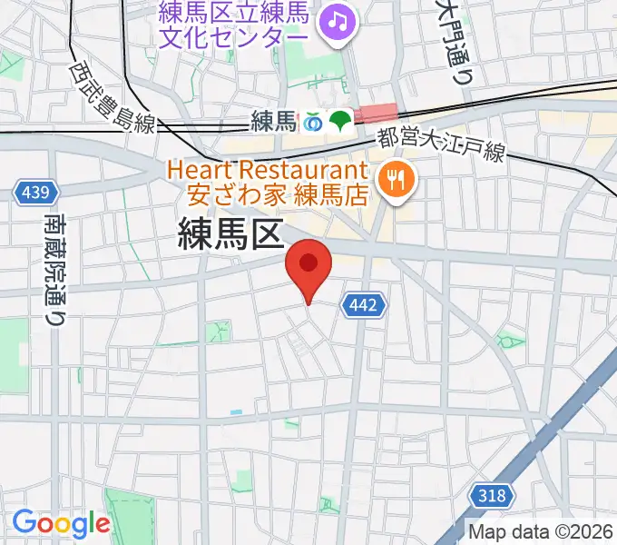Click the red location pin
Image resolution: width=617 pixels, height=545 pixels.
pyautogui.click(x=308, y=266)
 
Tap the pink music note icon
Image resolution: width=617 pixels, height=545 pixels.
pyautogui.click(x=339, y=19)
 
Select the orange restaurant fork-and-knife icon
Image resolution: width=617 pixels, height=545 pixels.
pyautogui.click(x=395, y=180)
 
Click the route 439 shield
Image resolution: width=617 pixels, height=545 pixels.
pyautogui.click(x=37, y=193)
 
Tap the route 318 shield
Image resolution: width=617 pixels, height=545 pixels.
pyautogui.click(x=491, y=495)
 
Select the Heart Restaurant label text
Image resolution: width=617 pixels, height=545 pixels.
pyautogui.click(x=266, y=170)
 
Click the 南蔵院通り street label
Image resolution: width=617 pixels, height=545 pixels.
pyautogui.click(x=56, y=270)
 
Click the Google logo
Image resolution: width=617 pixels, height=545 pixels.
pyautogui.click(x=61, y=523)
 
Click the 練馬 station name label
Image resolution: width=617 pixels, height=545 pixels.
pyautogui.click(x=274, y=120)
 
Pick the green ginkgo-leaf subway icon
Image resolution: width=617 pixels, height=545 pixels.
pyautogui.click(x=341, y=120)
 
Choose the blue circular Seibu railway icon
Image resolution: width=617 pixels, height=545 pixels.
pyautogui.click(x=314, y=120)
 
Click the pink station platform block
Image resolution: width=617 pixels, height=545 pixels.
pyautogui.click(x=376, y=114)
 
